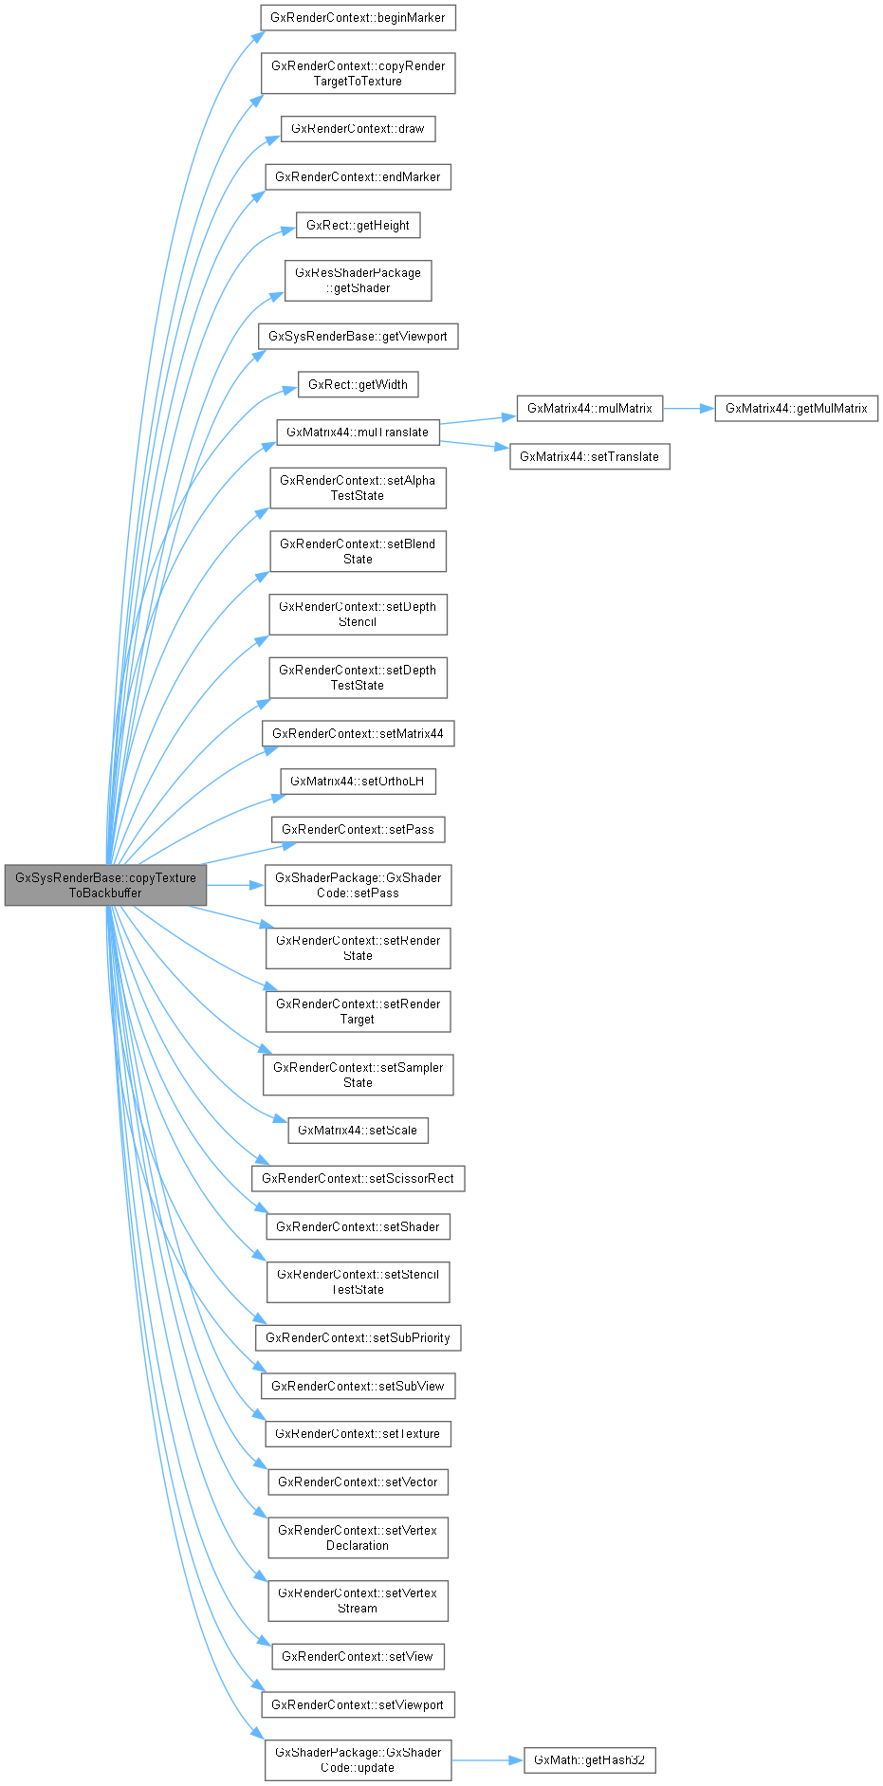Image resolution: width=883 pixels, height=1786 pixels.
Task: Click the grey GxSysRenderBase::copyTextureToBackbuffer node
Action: click(105, 885)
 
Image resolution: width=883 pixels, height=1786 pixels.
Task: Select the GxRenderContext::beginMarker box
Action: click(359, 17)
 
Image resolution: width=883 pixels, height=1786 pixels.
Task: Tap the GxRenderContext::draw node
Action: click(358, 129)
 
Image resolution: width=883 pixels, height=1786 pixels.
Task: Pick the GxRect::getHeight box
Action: click(358, 226)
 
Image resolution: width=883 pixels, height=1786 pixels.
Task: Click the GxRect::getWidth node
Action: click(358, 384)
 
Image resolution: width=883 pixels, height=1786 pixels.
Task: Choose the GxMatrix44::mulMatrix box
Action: click(589, 409)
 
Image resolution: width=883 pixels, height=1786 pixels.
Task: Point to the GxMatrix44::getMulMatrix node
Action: click(796, 409)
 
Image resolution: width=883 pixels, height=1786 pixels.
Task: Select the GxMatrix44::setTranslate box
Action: click(589, 456)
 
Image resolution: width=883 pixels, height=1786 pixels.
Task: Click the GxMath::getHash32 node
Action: click(589, 1760)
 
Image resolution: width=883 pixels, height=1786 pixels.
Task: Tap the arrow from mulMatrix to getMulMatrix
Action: click(688, 409)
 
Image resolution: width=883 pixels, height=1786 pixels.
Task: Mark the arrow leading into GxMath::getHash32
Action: click(487, 1760)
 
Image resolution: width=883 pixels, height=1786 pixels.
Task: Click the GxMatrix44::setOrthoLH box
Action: click(358, 782)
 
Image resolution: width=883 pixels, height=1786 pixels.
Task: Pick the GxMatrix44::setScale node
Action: click(358, 1131)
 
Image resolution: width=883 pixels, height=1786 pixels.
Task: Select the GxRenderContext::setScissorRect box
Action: click(358, 1178)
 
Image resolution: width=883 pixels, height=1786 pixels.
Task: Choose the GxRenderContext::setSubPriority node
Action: click(358, 1337)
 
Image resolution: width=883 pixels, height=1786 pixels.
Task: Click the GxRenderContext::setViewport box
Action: click(358, 1704)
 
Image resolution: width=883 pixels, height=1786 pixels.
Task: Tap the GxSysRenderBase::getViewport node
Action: click(358, 336)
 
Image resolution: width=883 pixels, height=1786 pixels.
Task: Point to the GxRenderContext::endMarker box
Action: click(358, 177)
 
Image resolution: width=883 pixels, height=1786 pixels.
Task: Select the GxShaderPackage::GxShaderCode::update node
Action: click(358, 1760)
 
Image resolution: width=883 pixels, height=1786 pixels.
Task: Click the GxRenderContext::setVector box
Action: click(358, 1482)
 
